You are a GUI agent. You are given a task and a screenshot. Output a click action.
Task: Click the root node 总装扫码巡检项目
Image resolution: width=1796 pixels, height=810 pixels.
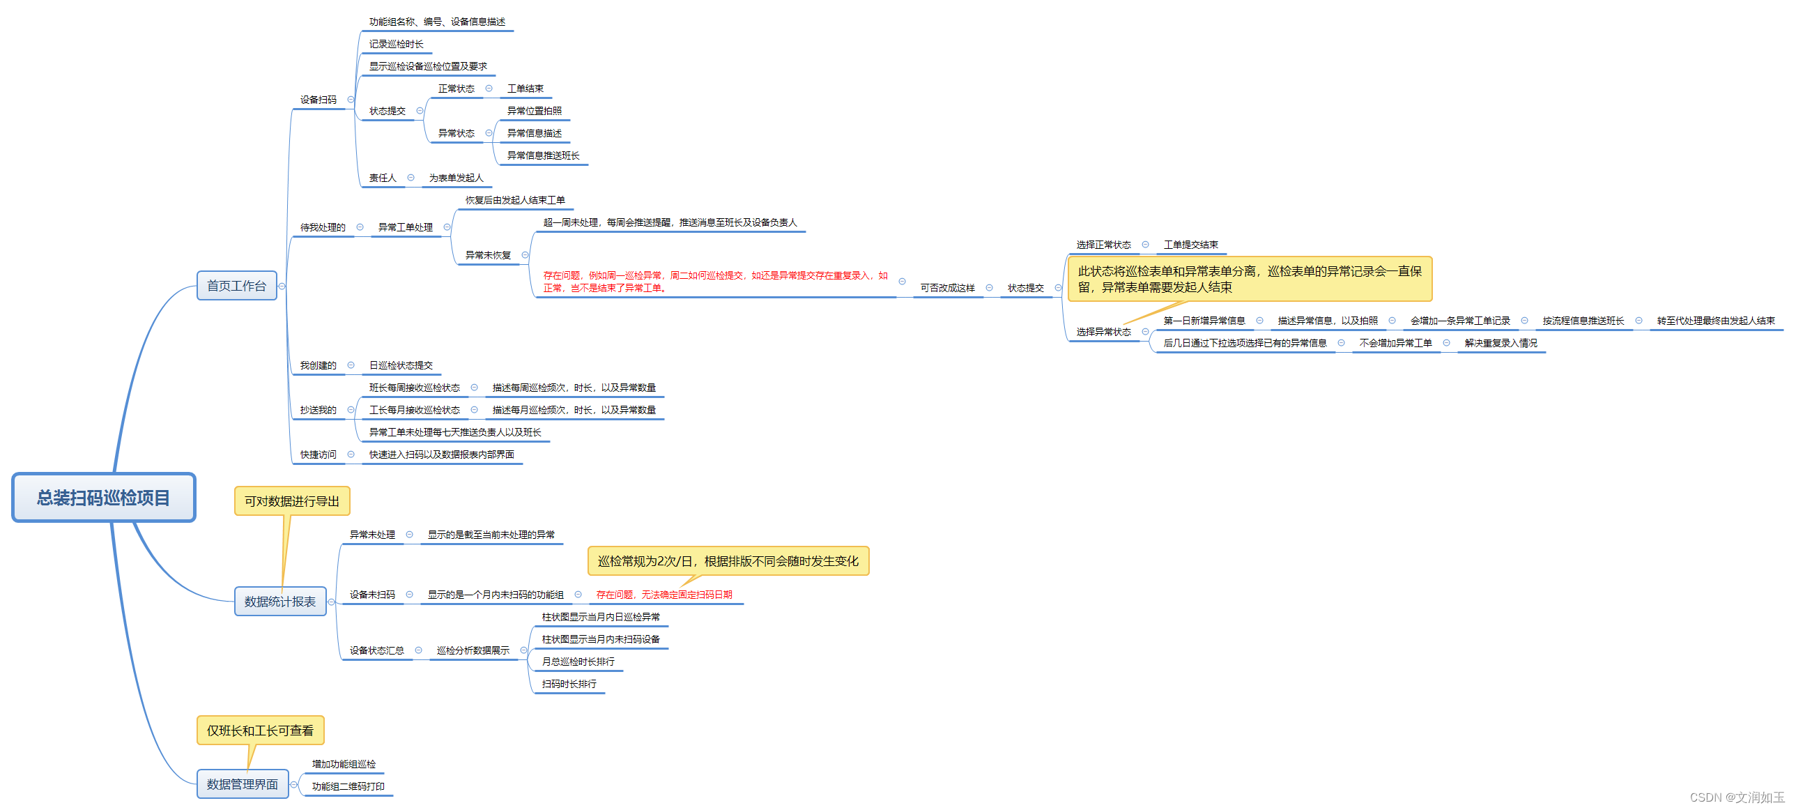click(103, 498)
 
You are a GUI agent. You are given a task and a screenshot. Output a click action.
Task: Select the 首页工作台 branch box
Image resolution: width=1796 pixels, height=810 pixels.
click(236, 286)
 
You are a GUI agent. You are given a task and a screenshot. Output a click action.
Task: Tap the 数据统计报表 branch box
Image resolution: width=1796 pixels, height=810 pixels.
click(279, 602)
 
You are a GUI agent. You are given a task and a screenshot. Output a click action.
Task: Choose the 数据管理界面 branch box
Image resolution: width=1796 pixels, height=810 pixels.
click(242, 784)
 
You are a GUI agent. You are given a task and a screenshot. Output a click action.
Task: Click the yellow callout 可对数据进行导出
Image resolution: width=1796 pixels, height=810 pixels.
click(291, 501)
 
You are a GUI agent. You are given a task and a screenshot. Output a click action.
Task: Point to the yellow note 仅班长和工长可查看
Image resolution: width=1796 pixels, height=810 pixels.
click(260, 731)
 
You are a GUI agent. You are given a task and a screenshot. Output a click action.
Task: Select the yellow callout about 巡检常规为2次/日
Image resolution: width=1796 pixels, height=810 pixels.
click(728, 561)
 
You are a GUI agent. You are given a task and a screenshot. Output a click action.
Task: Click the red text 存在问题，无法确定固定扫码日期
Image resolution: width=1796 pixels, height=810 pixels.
click(663, 595)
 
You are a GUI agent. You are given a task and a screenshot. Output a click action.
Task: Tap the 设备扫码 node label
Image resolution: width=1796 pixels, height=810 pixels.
click(318, 100)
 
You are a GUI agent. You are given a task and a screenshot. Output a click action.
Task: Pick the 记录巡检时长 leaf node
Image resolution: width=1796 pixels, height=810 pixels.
click(396, 44)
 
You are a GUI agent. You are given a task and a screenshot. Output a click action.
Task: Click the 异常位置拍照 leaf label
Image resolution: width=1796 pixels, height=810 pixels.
click(534, 111)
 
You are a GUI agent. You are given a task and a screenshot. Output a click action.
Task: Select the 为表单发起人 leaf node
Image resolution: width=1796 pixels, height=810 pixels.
click(456, 178)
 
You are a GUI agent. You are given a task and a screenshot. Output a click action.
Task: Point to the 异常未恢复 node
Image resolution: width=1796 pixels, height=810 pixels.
click(488, 255)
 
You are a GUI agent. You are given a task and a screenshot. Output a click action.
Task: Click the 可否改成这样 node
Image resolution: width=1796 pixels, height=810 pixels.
click(947, 288)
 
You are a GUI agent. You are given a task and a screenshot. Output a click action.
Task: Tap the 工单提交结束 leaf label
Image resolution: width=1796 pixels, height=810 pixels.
click(1191, 245)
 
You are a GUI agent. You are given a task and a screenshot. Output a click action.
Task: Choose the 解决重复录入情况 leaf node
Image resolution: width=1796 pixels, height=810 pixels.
click(1500, 343)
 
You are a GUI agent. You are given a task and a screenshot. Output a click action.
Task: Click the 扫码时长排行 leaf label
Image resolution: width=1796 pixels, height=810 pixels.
click(569, 684)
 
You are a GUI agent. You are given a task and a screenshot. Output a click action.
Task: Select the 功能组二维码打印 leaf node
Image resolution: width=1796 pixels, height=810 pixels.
click(348, 786)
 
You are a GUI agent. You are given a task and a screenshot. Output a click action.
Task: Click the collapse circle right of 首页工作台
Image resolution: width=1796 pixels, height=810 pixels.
click(282, 286)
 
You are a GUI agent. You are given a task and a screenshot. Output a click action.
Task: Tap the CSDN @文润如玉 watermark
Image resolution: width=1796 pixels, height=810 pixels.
click(1737, 797)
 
